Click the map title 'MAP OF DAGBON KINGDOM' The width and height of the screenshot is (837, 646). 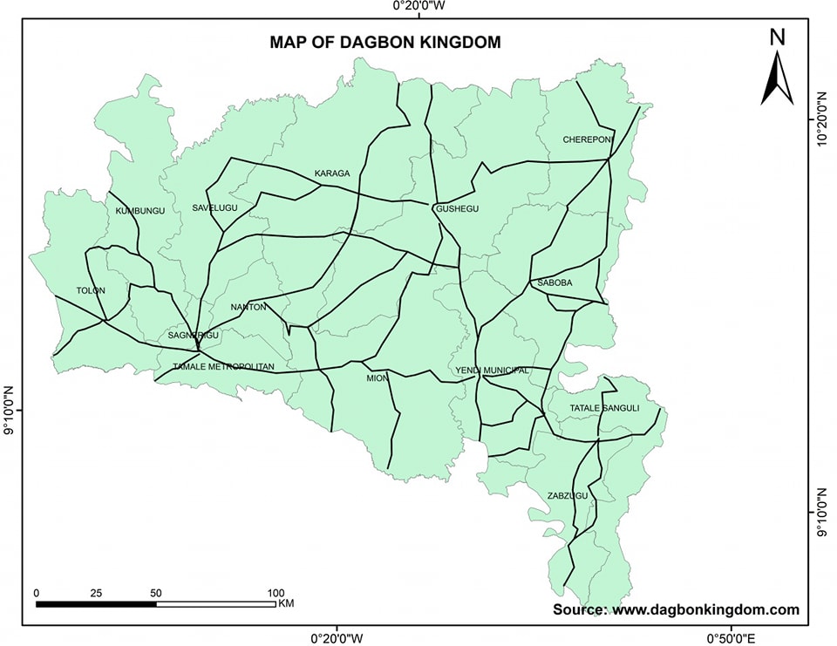384,42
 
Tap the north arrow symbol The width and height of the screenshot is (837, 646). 776,78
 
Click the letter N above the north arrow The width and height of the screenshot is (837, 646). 778,37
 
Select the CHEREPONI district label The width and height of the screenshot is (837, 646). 589,139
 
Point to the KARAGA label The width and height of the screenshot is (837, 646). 332,173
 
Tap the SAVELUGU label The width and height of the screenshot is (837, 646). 214,207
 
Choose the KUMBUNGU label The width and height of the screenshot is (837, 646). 139,211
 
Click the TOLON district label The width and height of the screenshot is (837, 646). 90,290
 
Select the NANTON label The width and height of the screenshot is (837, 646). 248,307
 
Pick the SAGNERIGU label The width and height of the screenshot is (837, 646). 194,335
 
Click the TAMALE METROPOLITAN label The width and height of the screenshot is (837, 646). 223,367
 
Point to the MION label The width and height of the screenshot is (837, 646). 377,378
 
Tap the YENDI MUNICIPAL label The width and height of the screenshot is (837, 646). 492,371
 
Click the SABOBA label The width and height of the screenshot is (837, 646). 555,283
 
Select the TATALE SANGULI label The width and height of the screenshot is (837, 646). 604,408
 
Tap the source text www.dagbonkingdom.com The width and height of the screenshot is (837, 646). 705,609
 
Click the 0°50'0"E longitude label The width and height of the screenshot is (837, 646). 731,638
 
